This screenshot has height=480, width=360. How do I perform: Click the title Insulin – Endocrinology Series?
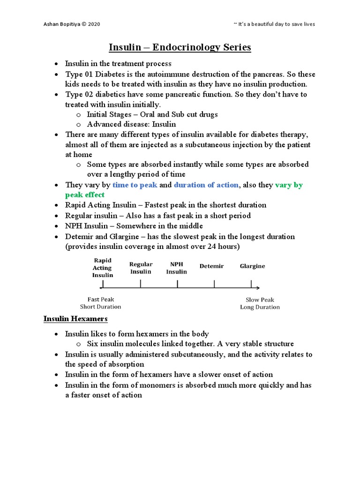point(180,47)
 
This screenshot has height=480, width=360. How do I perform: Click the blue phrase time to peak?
point(135,185)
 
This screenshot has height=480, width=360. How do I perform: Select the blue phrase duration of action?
point(206,185)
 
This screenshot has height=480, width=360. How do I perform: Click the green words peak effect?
point(85,195)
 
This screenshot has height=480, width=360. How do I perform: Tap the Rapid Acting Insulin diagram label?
point(102,268)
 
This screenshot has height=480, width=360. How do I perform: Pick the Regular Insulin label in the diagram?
point(141,268)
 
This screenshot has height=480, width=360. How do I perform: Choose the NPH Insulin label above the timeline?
point(177,268)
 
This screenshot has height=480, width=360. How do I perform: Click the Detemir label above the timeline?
point(211,266)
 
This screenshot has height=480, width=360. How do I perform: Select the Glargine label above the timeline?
point(252,266)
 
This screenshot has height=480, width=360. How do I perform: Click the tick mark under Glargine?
point(252,284)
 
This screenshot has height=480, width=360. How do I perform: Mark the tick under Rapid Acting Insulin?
point(103,284)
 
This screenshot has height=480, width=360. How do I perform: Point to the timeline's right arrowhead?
point(258,288)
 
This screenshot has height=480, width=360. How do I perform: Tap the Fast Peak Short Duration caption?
point(101,303)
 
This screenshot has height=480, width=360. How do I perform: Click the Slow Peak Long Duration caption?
point(260,303)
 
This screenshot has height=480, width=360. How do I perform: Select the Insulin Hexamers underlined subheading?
point(75,319)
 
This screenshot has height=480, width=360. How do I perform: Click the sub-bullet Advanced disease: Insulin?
point(131,124)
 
